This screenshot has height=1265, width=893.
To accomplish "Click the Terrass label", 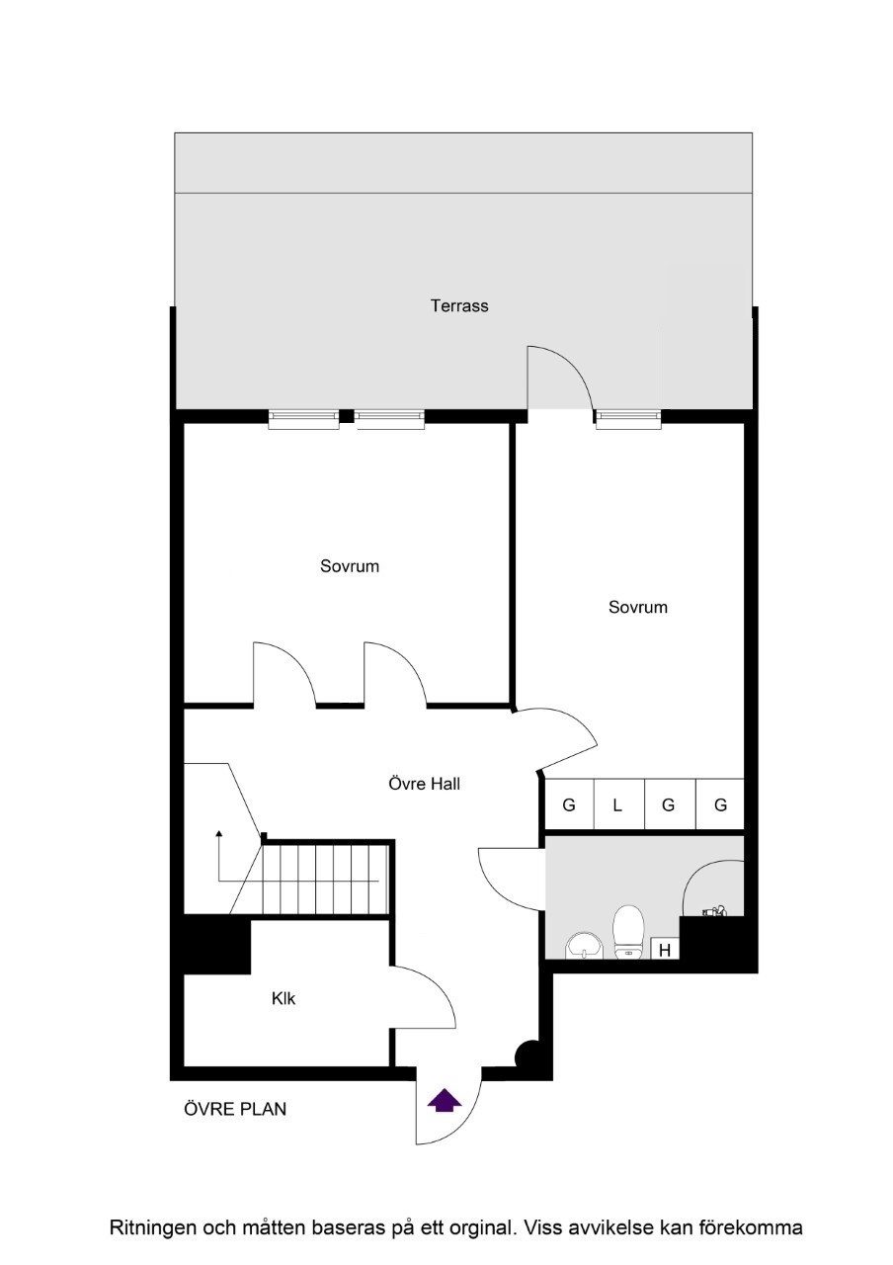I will tap(459, 305).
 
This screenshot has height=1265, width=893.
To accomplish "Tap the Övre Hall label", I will tap(424, 785).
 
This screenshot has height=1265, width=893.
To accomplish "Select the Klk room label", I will tap(284, 999).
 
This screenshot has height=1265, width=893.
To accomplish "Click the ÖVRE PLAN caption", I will tap(235, 1109).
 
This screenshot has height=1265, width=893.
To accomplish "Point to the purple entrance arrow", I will tap(445, 1099).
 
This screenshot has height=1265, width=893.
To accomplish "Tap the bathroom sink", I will tap(585, 947).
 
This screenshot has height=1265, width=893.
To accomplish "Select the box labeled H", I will tap(666, 950).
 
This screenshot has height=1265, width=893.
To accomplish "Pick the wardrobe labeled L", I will tap(618, 805).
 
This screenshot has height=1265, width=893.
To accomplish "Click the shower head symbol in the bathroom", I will tap(715, 911).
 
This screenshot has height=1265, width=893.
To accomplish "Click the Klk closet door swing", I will tap(425, 998).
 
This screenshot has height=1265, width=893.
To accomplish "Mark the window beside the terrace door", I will tap(628, 419).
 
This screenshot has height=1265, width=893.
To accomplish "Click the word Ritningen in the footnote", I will tap(152, 1228).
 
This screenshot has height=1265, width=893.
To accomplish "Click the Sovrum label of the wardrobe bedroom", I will tap(637, 607).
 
